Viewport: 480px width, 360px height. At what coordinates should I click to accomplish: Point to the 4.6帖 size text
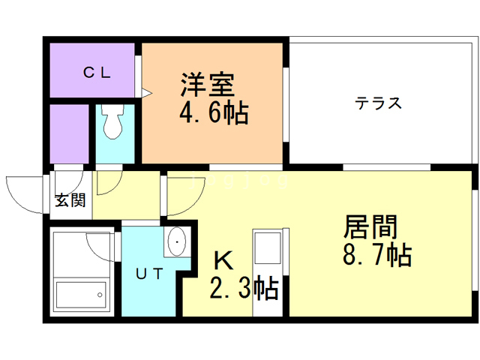[214, 114]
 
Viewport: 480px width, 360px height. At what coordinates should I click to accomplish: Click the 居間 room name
[370, 227]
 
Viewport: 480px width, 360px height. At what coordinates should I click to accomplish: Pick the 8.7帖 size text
[376, 256]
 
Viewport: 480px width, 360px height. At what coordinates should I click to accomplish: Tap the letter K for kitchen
[223, 260]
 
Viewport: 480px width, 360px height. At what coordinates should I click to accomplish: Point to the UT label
[149, 274]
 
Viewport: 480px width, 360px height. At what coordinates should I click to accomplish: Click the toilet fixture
[114, 124]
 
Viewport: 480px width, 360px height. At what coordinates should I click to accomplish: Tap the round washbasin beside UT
[178, 242]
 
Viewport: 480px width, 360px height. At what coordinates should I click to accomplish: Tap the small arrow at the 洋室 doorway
[147, 94]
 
